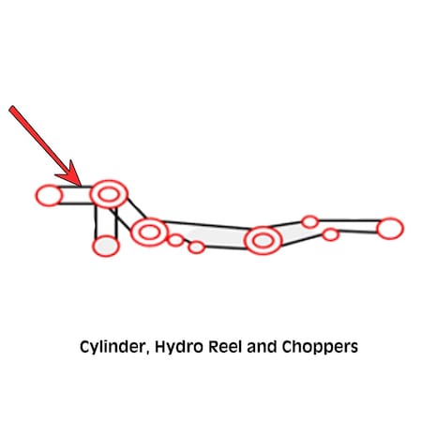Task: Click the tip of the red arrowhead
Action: [x=82, y=186]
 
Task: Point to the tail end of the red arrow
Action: [x=11, y=108]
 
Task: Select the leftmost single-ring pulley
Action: [x=49, y=196]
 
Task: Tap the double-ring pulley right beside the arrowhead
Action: [x=109, y=194]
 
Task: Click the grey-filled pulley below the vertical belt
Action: [x=106, y=246]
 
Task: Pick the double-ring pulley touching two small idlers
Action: [x=150, y=232]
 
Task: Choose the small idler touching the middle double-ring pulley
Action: [x=176, y=240]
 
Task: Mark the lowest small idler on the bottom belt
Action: [x=196, y=248]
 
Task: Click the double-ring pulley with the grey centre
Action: [x=263, y=240]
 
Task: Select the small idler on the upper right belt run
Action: [x=309, y=222]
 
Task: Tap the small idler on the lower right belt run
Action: [x=330, y=234]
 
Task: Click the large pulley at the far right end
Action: [x=390, y=229]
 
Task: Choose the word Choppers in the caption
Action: [x=320, y=347]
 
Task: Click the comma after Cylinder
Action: [x=147, y=352]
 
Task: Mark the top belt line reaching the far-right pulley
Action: [x=348, y=220]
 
